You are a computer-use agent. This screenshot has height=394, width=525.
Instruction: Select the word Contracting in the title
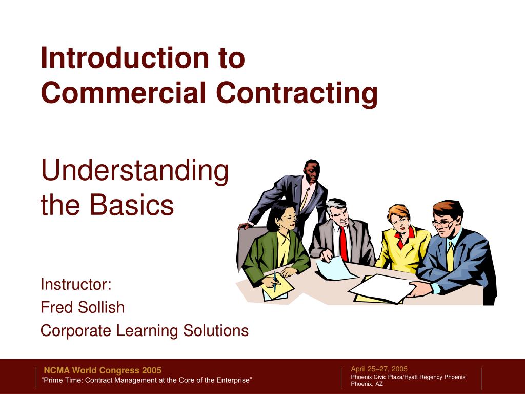click(x=297, y=93)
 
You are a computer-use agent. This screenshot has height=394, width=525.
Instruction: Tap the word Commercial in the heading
click(x=124, y=93)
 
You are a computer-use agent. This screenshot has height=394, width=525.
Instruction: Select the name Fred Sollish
click(x=83, y=307)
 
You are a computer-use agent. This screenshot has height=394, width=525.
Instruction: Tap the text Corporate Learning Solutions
click(x=145, y=331)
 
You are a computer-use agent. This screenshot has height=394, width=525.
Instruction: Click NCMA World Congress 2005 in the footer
click(x=103, y=370)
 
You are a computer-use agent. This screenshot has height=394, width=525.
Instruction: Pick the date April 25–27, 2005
click(x=379, y=369)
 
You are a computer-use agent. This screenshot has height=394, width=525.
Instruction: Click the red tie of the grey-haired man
click(x=343, y=244)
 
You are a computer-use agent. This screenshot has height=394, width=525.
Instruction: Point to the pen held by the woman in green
click(x=276, y=281)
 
